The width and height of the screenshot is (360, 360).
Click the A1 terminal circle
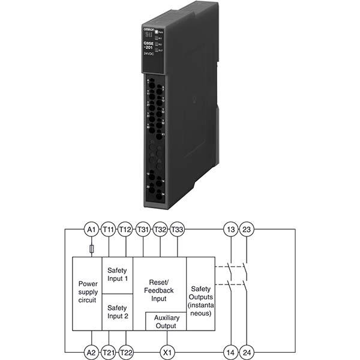pos(91,229)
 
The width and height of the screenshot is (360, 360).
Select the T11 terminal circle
pos(109,229)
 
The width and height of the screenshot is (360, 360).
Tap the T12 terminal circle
pos(125,229)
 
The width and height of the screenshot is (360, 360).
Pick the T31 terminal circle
pos(143,229)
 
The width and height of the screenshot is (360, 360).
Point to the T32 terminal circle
pos(160,229)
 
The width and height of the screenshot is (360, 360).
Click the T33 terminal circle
pos(178,229)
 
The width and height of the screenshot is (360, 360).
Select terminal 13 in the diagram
pos(230,229)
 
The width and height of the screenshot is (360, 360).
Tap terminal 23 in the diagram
pos(247,229)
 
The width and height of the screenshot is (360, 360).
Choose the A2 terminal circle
pos(91,352)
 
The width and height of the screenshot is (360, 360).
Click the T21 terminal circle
pos(109,352)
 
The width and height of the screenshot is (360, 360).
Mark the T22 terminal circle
pos(125,352)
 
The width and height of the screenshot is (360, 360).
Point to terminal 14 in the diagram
pos(230,352)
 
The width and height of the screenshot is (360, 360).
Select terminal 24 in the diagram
pos(247,352)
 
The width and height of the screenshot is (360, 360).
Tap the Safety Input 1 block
pos(118,275)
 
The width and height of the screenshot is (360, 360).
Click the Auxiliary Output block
pos(166,321)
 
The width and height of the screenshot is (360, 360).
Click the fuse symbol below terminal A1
pos(91,248)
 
